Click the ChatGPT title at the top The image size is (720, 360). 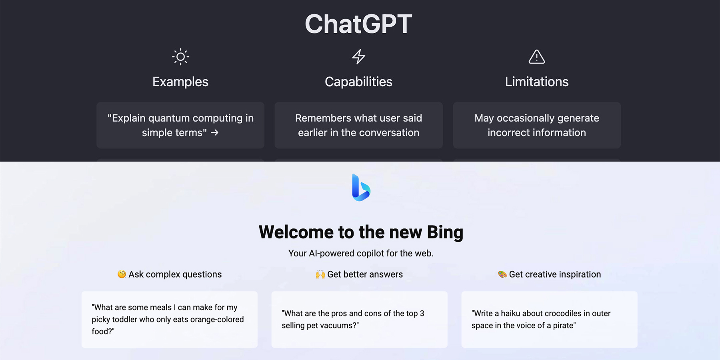(358, 24)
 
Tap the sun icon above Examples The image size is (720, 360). (180, 57)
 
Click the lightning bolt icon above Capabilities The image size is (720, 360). (358, 57)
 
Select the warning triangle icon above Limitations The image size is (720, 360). (536, 57)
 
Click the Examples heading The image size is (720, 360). (180, 82)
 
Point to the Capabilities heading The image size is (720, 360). (358, 82)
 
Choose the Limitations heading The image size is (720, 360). (536, 82)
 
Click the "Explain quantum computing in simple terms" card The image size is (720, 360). (180, 125)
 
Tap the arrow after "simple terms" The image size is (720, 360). (215, 132)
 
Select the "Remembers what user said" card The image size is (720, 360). (358, 125)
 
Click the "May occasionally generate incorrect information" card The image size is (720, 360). (537, 125)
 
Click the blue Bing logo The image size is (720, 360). (361, 187)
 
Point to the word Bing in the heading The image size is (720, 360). (445, 232)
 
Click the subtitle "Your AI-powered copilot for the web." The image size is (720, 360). (361, 253)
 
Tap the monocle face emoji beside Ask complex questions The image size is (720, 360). (122, 274)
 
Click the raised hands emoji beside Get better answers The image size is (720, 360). (320, 274)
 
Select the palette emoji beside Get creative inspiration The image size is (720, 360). (502, 274)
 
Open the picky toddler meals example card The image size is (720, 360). (170, 319)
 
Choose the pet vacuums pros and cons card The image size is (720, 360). (359, 319)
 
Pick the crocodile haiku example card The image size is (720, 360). (549, 319)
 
